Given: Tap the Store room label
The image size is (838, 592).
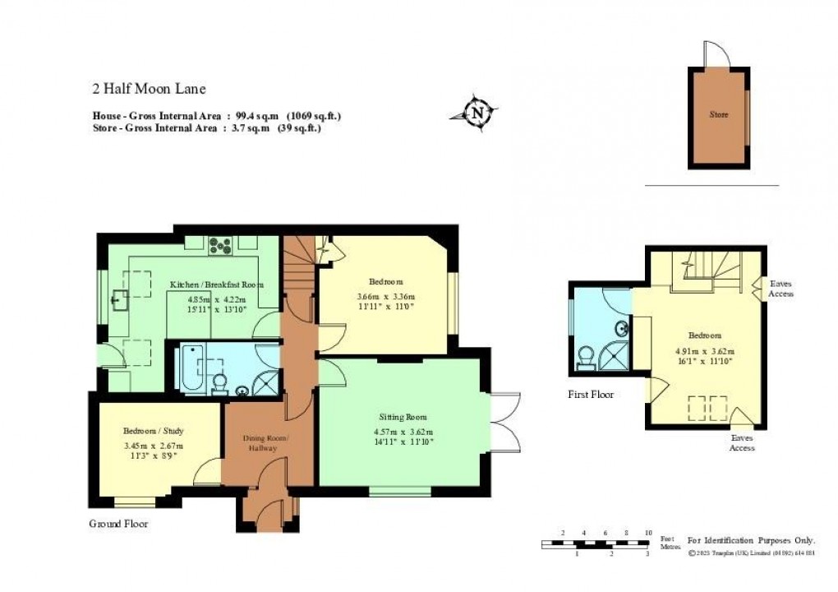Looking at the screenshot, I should pyautogui.click(x=718, y=114).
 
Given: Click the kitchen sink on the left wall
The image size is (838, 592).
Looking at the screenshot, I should pyautogui.click(x=121, y=301).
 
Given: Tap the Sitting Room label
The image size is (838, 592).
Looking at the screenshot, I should pyautogui.click(x=403, y=417).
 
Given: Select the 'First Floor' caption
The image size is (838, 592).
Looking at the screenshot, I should pyautogui.click(x=591, y=395).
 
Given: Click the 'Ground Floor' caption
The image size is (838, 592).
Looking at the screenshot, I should pyautogui.click(x=118, y=524).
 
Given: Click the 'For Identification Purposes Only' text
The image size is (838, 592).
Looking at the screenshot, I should pyautogui.click(x=751, y=540).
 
